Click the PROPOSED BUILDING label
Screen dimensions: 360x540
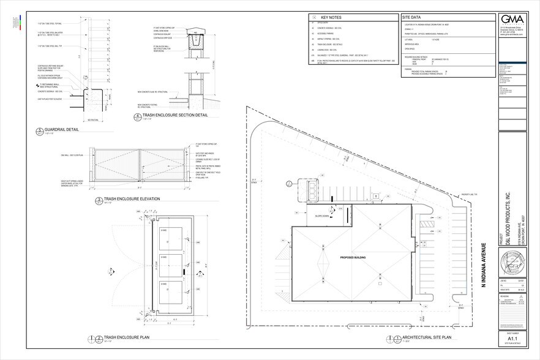point(349,258)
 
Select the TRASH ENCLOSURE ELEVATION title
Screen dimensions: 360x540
point(132,200)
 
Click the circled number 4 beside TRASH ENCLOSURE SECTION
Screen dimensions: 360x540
point(136,117)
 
